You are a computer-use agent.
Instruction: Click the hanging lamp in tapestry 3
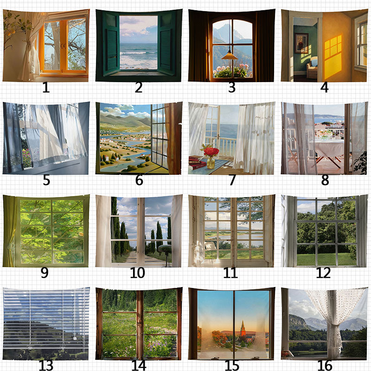[x=230, y=56]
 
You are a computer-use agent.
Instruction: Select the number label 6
[x=139, y=180]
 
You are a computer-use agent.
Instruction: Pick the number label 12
[x=323, y=273]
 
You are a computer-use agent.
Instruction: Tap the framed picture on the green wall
[x=302, y=43]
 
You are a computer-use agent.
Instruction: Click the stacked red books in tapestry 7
[x=197, y=163]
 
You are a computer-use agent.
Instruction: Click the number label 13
[x=46, y=365]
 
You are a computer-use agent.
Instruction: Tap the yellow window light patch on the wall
[x=333, y=57]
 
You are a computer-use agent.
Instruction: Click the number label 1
[x=46, y=87]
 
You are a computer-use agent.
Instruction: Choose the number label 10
[x=137, y=273]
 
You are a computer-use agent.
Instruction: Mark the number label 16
[x=325, y=365]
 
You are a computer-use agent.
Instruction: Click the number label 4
[x=324, y=87]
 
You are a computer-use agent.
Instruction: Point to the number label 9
[x=45, y=273]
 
